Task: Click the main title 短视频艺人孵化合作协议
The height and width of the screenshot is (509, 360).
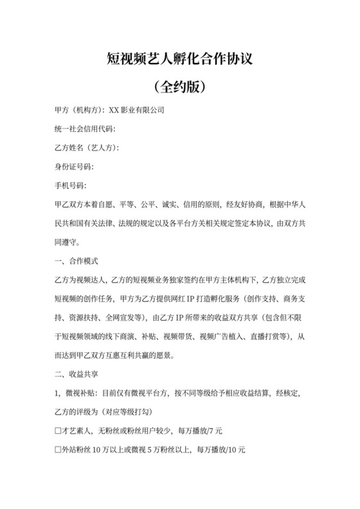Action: click(179, 60)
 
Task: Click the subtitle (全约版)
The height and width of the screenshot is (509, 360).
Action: click(179, 85)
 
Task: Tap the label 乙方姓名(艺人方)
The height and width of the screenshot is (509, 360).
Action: click(87, 148)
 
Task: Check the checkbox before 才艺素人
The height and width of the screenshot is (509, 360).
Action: click(58, 430)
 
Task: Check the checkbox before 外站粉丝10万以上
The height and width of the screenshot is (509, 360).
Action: click(58, 449)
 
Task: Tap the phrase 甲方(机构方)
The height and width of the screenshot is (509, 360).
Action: click(78, 111)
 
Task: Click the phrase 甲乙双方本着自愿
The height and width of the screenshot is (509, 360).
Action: click(87, 205)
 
